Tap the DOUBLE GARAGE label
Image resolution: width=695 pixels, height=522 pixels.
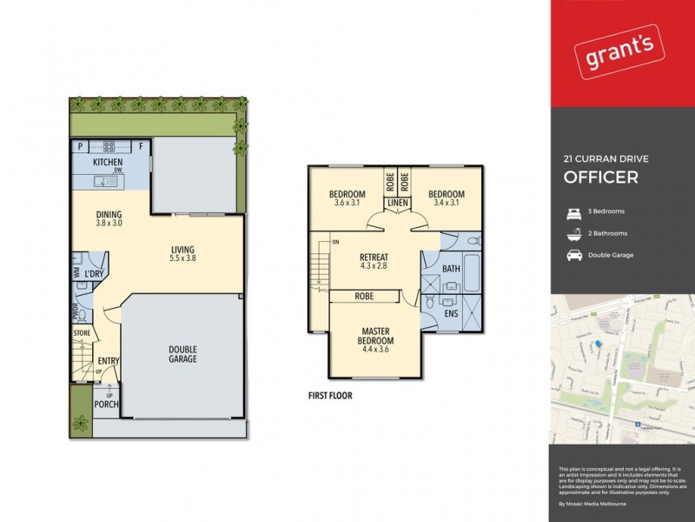pos(182,354)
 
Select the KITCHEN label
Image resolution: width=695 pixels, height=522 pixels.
pos(108,162)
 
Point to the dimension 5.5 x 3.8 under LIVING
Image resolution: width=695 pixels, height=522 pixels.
pos(182,258)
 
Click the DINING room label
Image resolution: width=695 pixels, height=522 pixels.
pos(109,215)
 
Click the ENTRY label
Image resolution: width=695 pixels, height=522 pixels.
pos(109,362)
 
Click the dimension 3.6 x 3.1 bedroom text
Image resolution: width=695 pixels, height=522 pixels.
pos(347,203)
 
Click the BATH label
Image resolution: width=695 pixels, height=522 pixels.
pos(449,269)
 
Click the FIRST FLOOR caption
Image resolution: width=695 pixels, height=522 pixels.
pos(330,394)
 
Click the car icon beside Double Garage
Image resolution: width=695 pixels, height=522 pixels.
pos(574,256)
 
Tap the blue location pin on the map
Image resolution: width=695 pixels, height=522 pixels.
pos(598,345)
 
